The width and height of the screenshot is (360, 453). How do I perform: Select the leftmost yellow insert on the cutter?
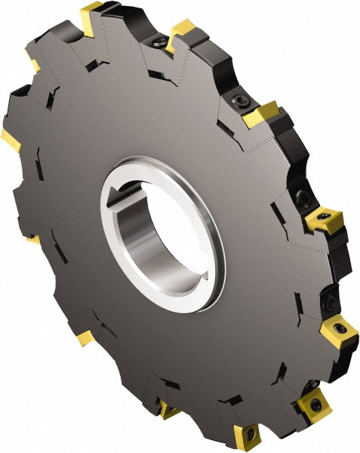(10, 139)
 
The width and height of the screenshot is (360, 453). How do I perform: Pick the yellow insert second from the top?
(181, 32)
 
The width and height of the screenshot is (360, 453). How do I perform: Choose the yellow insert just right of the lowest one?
(313, 404)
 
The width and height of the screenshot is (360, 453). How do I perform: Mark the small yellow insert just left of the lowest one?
(168, 411)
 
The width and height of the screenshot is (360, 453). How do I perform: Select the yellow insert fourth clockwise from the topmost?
(325, 218)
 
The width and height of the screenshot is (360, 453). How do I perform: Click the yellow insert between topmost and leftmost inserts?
(35, 59)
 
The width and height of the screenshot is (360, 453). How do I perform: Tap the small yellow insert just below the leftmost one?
(32, 240)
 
